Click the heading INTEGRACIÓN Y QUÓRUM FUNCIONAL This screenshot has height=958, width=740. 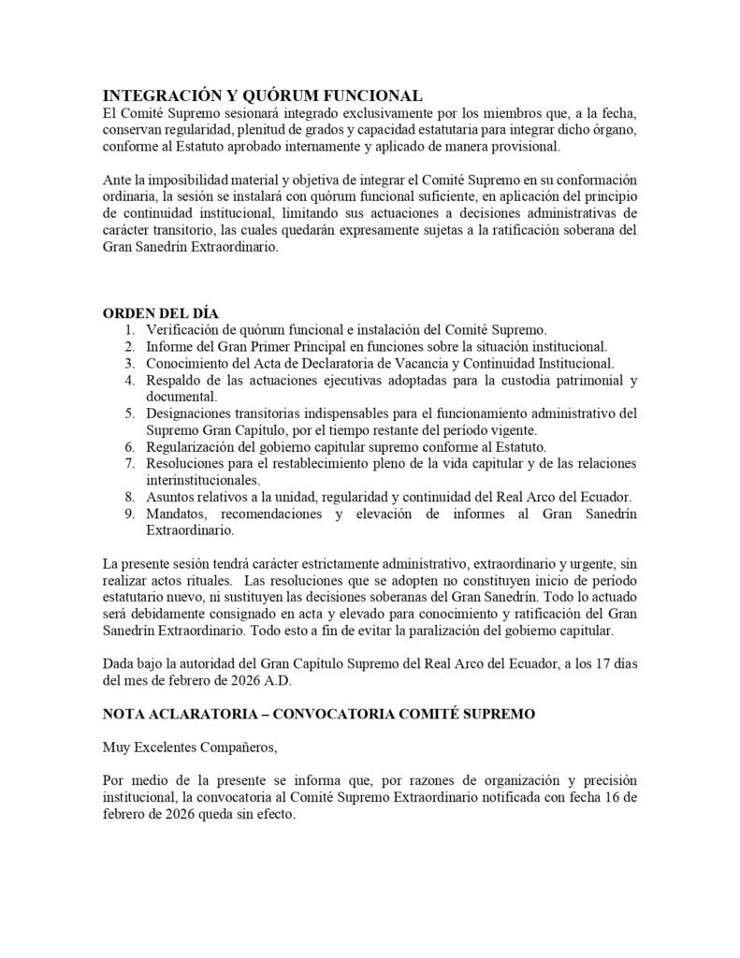tap(262, 96)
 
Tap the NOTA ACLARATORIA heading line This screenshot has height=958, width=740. tap(319, 714)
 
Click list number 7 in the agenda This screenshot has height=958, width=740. tap(129, 464)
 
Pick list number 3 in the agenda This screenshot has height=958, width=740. tap(129, 362)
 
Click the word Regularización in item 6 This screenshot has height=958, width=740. tap(191, 447)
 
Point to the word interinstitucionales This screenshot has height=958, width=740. tap(203, 480)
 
